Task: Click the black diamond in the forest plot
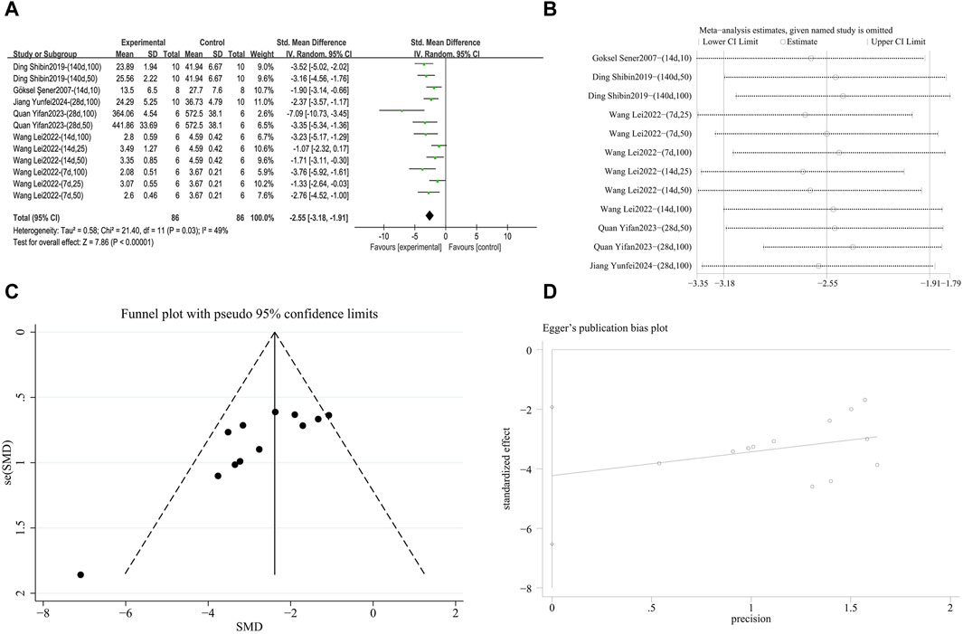[430, 214]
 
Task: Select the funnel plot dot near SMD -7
[80, 574]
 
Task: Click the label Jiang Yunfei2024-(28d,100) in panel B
[638, 265]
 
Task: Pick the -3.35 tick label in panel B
[697, 284]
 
